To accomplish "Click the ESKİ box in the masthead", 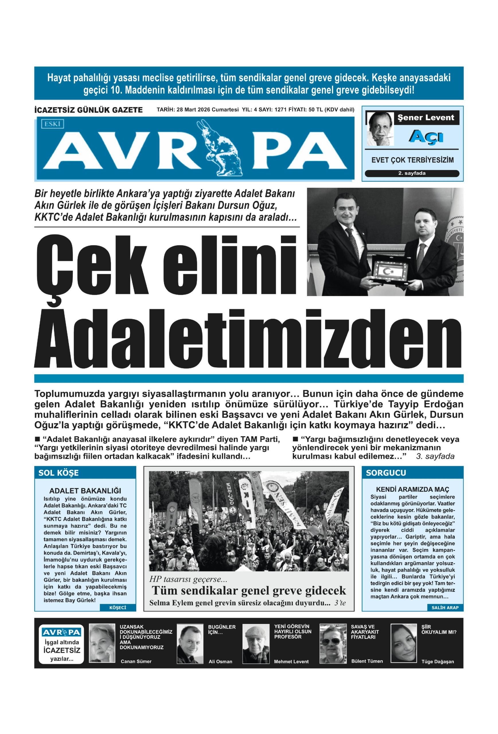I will point(52,124).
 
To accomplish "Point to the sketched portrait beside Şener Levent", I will point(380,129).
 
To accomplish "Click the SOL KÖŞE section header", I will point(58,473).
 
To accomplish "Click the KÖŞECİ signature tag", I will point(118,607).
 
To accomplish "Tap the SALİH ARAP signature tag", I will point(445,607).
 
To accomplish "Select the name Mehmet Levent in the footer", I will point(291,661).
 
